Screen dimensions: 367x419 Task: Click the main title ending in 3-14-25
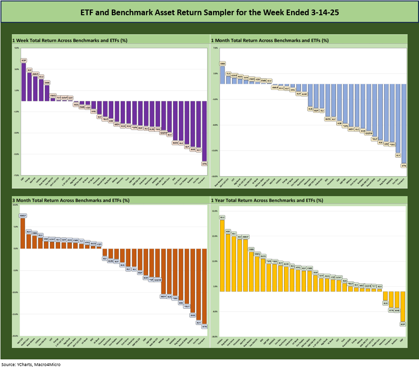pos(209,11)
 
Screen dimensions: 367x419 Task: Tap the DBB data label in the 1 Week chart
pos(47,82)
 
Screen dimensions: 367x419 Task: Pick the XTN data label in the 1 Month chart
pos(404,166)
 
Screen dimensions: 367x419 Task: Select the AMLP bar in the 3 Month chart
pos(22,233)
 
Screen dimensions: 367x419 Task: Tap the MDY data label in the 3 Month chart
pos(164,296)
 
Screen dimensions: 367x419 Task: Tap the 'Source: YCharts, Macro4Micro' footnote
pos(31,364)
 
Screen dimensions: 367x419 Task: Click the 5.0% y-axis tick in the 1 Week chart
pos(17,48)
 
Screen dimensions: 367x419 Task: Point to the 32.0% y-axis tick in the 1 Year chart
pos(214,210)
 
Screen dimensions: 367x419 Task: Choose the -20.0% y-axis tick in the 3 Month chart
pos(16,336)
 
